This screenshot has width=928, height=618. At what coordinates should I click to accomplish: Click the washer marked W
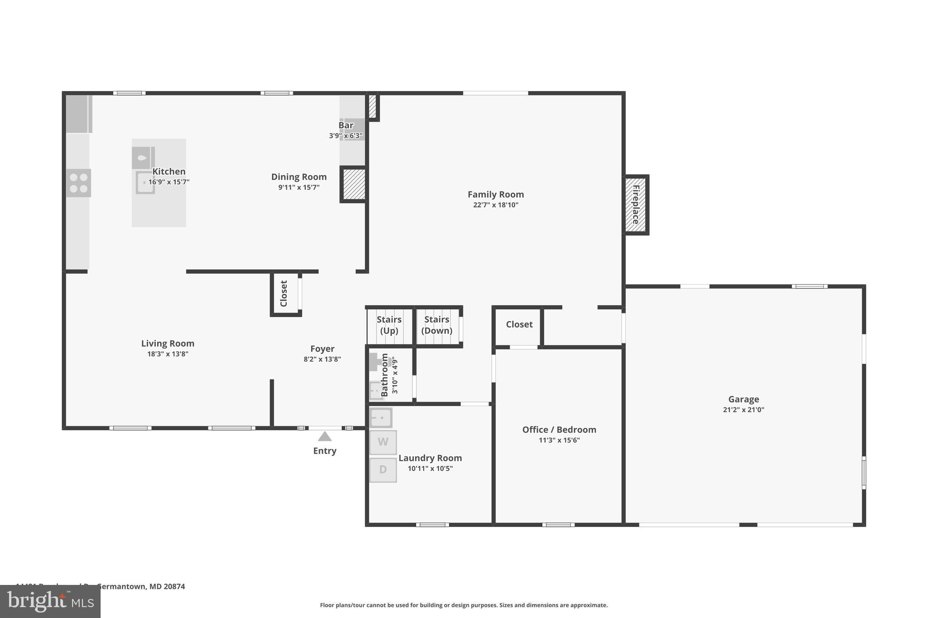pyautogui.click(x=383, y=442)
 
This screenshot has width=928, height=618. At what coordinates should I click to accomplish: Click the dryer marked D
pyautogui.click(x=383, y=469)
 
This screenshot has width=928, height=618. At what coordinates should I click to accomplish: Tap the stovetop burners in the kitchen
pyautogui.click(x=78, y=183)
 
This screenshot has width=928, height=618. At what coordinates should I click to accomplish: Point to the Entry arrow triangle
pyautogui.click(x=324, y=436)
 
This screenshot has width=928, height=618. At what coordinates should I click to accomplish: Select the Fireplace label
pyautogui.click(x=636, y=205)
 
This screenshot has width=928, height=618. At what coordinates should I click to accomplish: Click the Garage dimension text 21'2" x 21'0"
pyautogui.click(x=743, y=410)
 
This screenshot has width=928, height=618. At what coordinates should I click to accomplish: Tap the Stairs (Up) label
pyautogui.click(x=389, y=325)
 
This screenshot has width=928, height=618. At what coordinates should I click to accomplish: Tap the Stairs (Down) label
pyautogui.click(x=437, y=325)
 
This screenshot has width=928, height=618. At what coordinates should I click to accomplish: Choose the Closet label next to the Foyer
pyautogui.click(x=284, y=293)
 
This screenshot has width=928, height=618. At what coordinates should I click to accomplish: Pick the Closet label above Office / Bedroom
pyautogui.click(x=519, y=324)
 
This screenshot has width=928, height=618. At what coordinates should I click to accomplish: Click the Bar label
pyautogui.click(x=346, y=125)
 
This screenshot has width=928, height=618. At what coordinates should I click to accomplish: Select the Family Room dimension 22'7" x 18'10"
pyautogui.click(x=495, y=205)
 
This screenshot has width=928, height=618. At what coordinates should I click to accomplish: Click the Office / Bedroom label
pyautogui.click(x=559, y=430)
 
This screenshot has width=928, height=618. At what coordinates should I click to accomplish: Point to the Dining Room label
pyautogui.click(x=299, y=177)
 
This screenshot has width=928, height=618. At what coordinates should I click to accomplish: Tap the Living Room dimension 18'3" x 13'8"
pyautogui.click(x=168, y=354)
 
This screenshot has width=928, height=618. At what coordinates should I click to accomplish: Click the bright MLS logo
pyautogui.click(x=50, y=602)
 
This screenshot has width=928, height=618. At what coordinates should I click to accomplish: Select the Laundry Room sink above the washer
pyautogui.click(x=381, y=417)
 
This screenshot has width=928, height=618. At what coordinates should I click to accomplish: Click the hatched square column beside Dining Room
pyautogui.click(x=354, y=184)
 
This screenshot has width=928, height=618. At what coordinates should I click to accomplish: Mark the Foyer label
pyautogui.click(x=322, y=349)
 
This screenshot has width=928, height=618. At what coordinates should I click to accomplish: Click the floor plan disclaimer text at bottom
pyautogui.click(x=464, y=605)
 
